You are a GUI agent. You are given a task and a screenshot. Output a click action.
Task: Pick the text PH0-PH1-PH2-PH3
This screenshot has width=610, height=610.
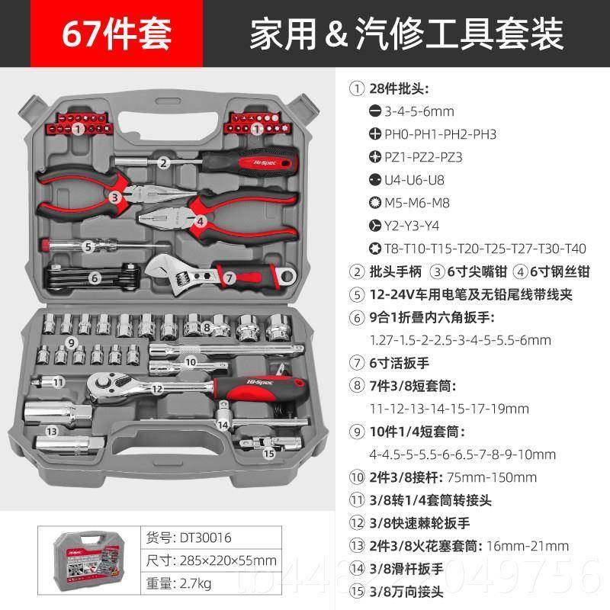pos(432,134)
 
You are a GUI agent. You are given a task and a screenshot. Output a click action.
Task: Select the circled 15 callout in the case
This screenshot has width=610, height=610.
pos(268,453)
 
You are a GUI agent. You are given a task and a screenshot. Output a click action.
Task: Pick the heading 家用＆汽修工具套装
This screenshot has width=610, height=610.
pos(406,34)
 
